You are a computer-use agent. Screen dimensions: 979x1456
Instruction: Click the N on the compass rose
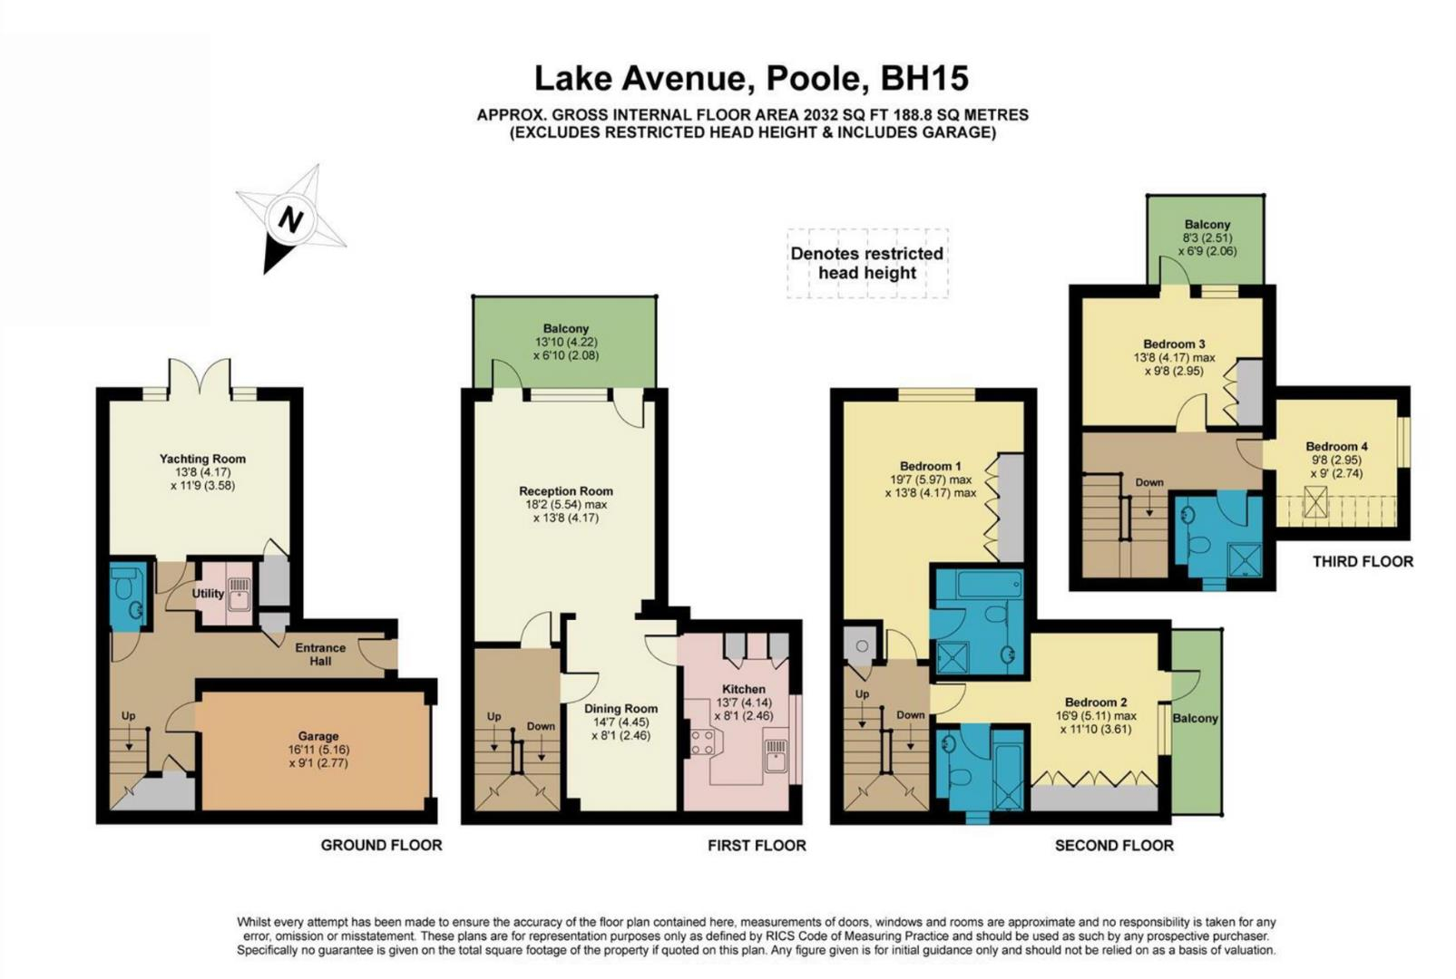pos(290,219)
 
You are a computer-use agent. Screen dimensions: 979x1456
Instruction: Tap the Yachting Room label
pos(202,459)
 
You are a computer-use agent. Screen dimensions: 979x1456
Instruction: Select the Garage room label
pos(318,736)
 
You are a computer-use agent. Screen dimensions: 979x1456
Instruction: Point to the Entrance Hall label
pos(320,654)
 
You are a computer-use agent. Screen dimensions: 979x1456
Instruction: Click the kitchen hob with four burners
pos(702,742)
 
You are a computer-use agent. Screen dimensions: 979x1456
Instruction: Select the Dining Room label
pos(621,709)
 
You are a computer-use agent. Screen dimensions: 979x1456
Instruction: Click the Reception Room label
pos(565,491)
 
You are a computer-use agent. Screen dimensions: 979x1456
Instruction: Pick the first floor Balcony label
pos(565,328)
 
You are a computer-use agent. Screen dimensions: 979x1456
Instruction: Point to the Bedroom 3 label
pos(1174,344)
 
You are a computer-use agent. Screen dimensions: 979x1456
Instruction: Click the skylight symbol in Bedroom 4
pos(1314,502)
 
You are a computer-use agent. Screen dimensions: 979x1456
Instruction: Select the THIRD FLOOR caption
pos(1363,561)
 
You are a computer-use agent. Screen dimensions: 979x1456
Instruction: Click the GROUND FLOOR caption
pos(381,845)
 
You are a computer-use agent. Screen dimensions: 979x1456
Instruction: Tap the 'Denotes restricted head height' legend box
pos(866,263)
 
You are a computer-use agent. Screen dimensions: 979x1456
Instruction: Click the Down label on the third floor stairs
pos(1148,482)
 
